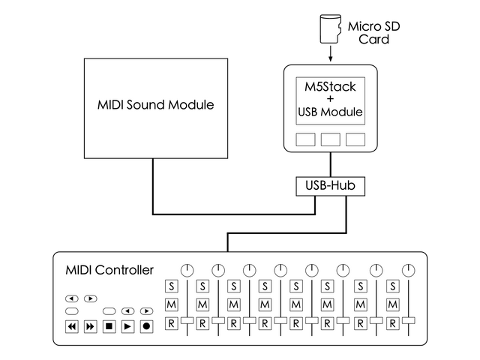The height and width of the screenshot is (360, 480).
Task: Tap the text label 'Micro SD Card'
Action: pos(373,32)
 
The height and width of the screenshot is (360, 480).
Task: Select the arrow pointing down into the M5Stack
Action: pos(330,55)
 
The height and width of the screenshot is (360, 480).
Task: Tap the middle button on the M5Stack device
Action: pos(330,139)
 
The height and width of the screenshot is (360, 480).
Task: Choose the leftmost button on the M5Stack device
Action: pos(305,139)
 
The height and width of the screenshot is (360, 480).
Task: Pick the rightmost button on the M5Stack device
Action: pos(355,139)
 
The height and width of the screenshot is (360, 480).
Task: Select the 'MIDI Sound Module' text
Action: pos(155,105)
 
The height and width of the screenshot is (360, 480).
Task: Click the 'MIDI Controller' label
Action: pos(109,270)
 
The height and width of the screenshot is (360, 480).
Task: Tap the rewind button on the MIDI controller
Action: pos(72,326)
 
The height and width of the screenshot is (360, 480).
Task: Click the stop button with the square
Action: pos(109,326)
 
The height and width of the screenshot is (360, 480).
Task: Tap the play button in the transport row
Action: pos(127,326)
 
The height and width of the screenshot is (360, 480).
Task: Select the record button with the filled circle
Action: pos(146,326)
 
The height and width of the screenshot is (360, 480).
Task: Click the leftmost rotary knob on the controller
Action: pos(187,269)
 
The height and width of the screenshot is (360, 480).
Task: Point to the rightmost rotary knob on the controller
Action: pos(407,269)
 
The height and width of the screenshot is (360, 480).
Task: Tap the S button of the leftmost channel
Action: pos(171,286)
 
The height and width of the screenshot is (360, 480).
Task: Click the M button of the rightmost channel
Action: pos(392,304)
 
